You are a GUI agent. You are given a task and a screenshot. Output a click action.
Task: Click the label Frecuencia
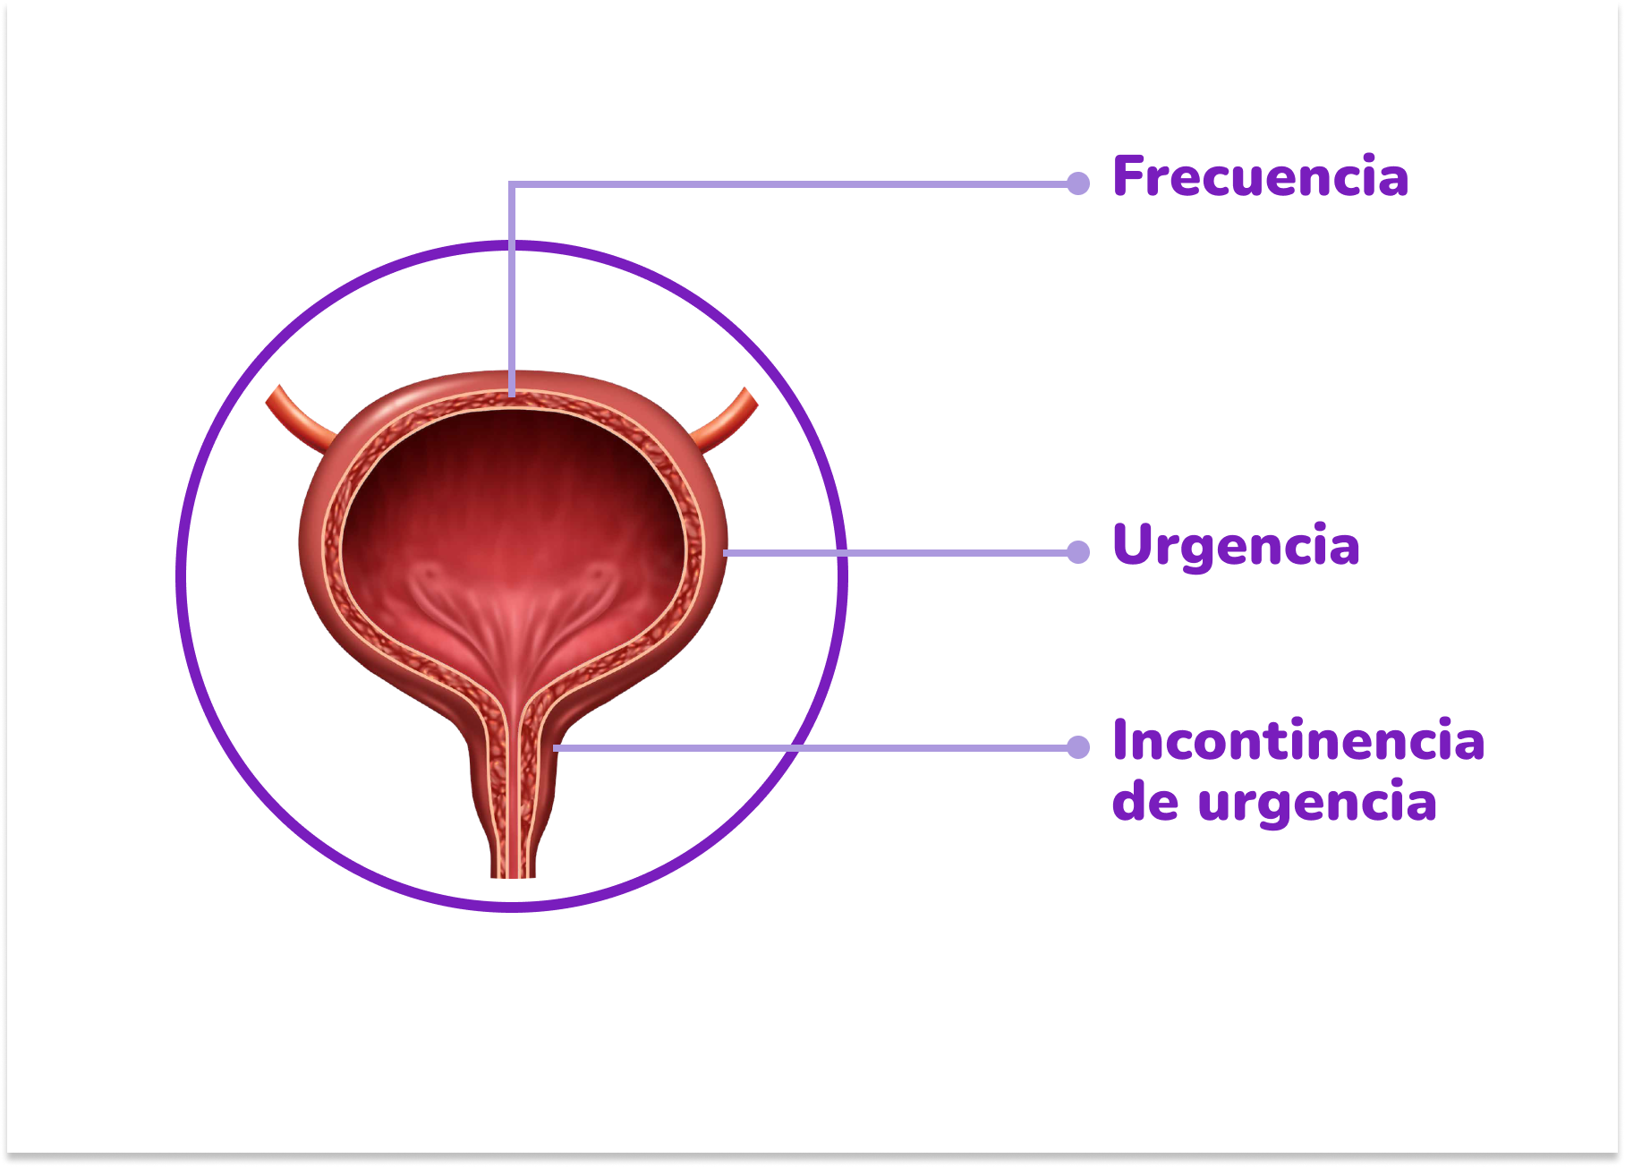point(1260,176)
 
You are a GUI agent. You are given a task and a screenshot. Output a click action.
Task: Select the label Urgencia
point(1236,545)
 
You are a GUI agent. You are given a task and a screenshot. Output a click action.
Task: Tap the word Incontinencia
point(1297,741)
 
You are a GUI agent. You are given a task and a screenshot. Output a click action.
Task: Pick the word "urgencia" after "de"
point(1316,802)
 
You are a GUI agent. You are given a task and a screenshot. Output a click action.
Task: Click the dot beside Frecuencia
point(1078,183)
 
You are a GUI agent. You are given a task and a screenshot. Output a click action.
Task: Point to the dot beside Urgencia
point(1078,551)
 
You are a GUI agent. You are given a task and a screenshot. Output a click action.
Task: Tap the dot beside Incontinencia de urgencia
point(1078,746)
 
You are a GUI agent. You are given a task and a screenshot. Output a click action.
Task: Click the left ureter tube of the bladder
point(299,417)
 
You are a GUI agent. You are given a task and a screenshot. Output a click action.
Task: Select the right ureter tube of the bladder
point(726,419)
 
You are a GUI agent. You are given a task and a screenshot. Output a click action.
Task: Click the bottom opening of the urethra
point(512,873)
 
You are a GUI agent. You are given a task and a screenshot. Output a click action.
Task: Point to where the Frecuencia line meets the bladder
point(512,394)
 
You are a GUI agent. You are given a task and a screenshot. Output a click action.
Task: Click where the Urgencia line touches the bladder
point(725,552)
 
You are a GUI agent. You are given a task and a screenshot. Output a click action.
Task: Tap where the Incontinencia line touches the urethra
point(556,747)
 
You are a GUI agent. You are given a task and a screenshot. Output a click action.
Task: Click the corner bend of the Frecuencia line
point(512,184)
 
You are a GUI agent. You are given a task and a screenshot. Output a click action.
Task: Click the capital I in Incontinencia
point(1120,741)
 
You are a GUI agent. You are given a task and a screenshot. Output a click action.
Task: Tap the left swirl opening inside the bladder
point(429,574)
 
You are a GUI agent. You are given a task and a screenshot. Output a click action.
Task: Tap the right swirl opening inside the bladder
point(594,574)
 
